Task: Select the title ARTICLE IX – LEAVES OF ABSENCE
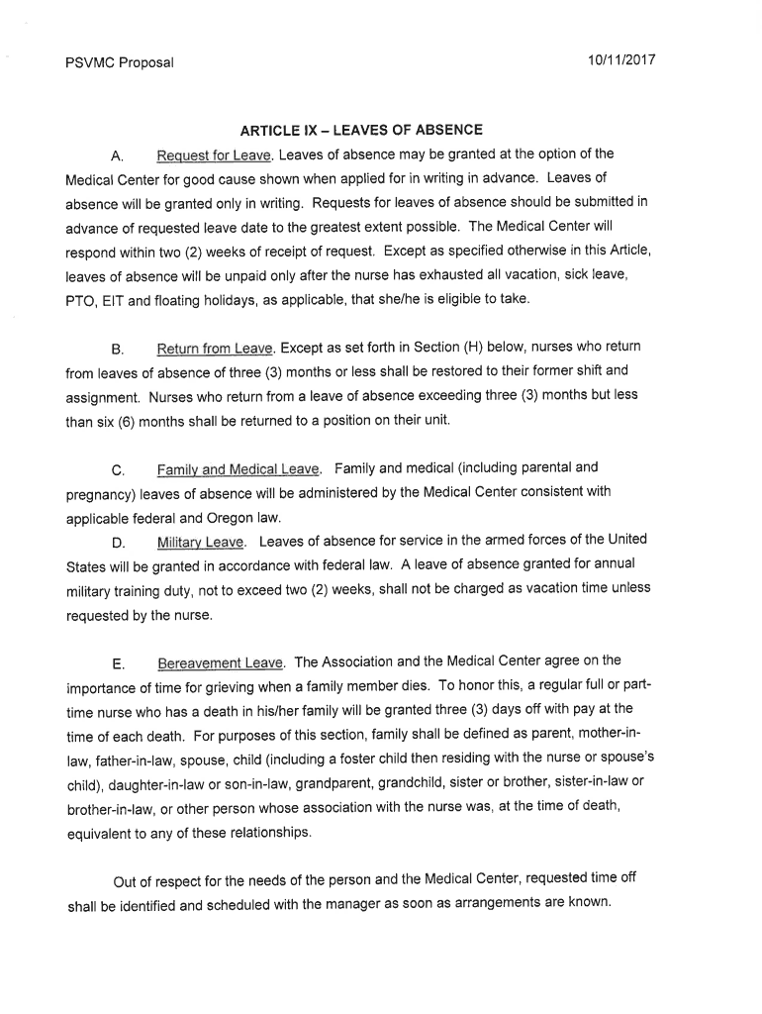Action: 361,130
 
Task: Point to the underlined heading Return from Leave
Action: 215,348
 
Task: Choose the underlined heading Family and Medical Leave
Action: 238,468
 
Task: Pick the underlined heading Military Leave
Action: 202,542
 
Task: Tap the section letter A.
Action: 117,156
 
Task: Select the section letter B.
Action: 117,350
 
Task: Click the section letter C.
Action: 117,470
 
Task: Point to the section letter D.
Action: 117,544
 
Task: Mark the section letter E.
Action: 117,663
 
